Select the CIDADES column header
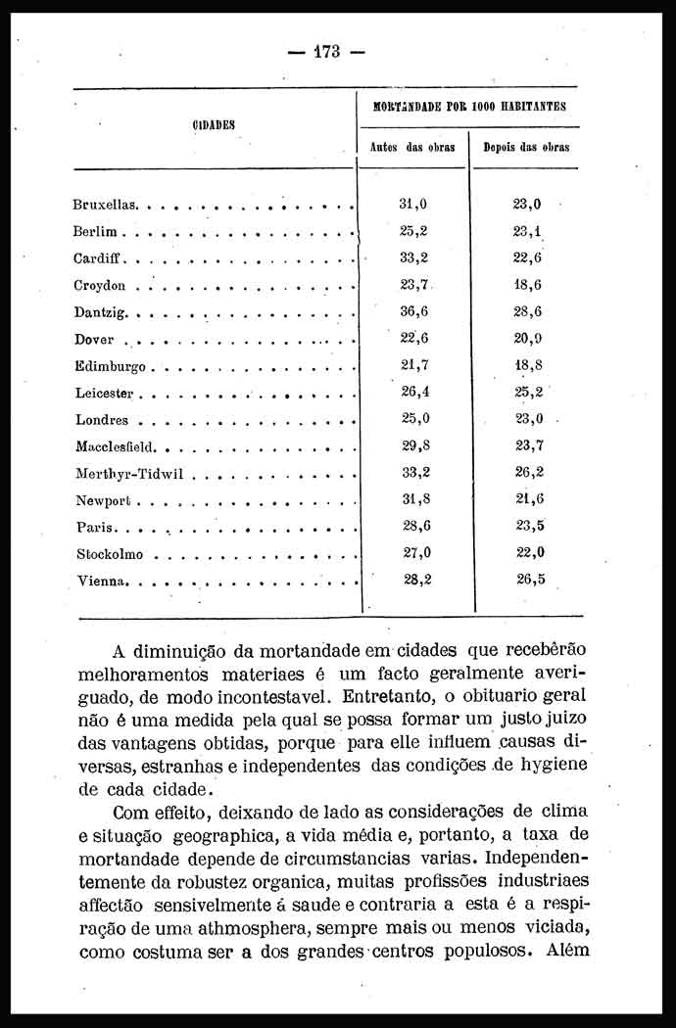click(213, 124)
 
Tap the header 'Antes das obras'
click(410, 148)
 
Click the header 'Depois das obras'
click(526, 148)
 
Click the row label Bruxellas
click(106, 206)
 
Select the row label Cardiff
click(98, 259)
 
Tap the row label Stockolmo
click(110, 554)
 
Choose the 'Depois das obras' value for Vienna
click(530, 579)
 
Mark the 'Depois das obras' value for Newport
click(530, 498)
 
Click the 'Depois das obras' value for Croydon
click(528, 285)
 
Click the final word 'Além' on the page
click(567, 951)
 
